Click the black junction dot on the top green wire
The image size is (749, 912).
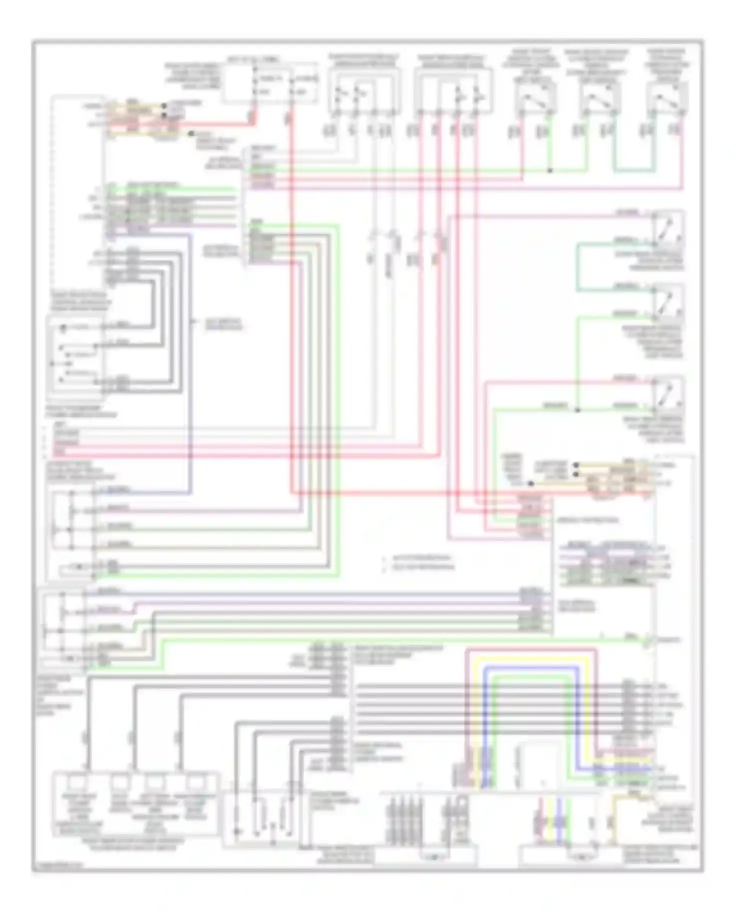pyautogui.click(x=550, y=171)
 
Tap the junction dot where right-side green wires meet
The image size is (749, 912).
pyautogui.click(x=577, y=410)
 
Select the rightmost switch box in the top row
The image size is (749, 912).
pyautogui.click(x=667, y=97)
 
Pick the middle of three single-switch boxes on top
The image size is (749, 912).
pyautogui.click(x=600, y=97)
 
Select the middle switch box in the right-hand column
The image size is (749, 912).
pyautogui.click(x=668, y=302)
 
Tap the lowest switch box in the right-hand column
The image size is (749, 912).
pyautogui.click(x=668, y=394)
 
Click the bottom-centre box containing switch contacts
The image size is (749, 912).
pyautogui.click(x=265, y=818)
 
